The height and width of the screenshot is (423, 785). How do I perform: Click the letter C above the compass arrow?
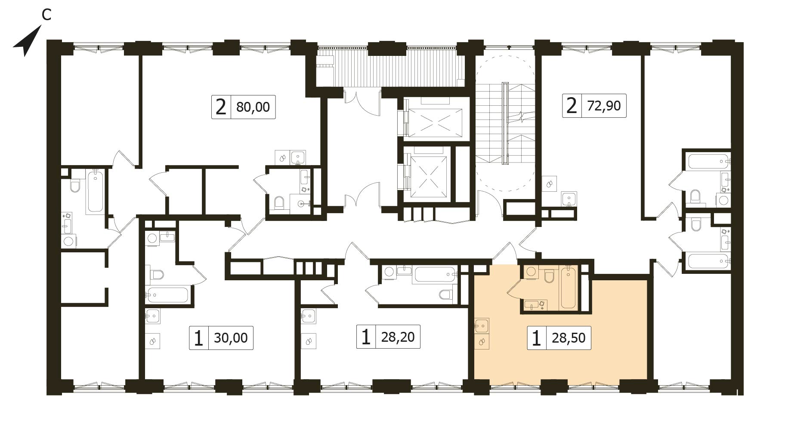[46, 15]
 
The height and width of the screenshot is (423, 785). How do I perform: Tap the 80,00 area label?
[253, 107]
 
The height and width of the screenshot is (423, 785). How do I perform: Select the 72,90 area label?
[604, 105]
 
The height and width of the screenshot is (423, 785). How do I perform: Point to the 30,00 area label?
[231, 338]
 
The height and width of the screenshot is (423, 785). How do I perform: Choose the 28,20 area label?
[398, 337]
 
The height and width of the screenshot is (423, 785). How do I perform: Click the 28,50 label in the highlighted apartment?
[569, 338]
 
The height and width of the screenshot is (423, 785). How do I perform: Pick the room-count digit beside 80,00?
[221, 107]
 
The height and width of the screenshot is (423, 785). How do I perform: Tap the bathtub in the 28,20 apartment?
[434, 275]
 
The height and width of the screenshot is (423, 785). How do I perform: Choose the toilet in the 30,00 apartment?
[156, 274]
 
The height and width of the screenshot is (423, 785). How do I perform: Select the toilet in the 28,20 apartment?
[445, 294]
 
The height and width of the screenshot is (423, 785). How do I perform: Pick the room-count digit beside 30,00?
[198, 338]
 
